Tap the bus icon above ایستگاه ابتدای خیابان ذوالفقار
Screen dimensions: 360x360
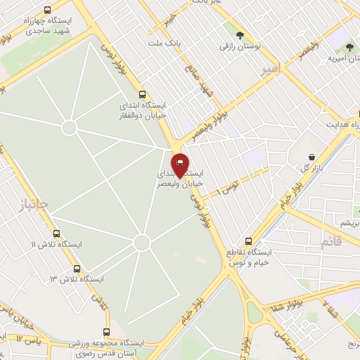[143, 94]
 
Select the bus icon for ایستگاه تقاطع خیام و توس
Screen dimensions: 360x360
[247, 240]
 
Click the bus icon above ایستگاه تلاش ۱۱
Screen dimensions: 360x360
[56, 233]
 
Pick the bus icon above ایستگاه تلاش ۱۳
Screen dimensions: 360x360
[77, 269]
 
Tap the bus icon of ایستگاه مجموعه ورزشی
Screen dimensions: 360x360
[107, 332]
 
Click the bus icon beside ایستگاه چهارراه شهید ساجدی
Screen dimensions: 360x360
[47, 11]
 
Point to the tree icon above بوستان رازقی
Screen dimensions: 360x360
[240, 35]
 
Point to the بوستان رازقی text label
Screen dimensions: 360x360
[240, 46]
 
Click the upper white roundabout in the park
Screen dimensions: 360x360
[69, 127]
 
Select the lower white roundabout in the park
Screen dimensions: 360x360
[142, 243]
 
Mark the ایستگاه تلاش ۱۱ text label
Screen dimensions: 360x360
[56, 244]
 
